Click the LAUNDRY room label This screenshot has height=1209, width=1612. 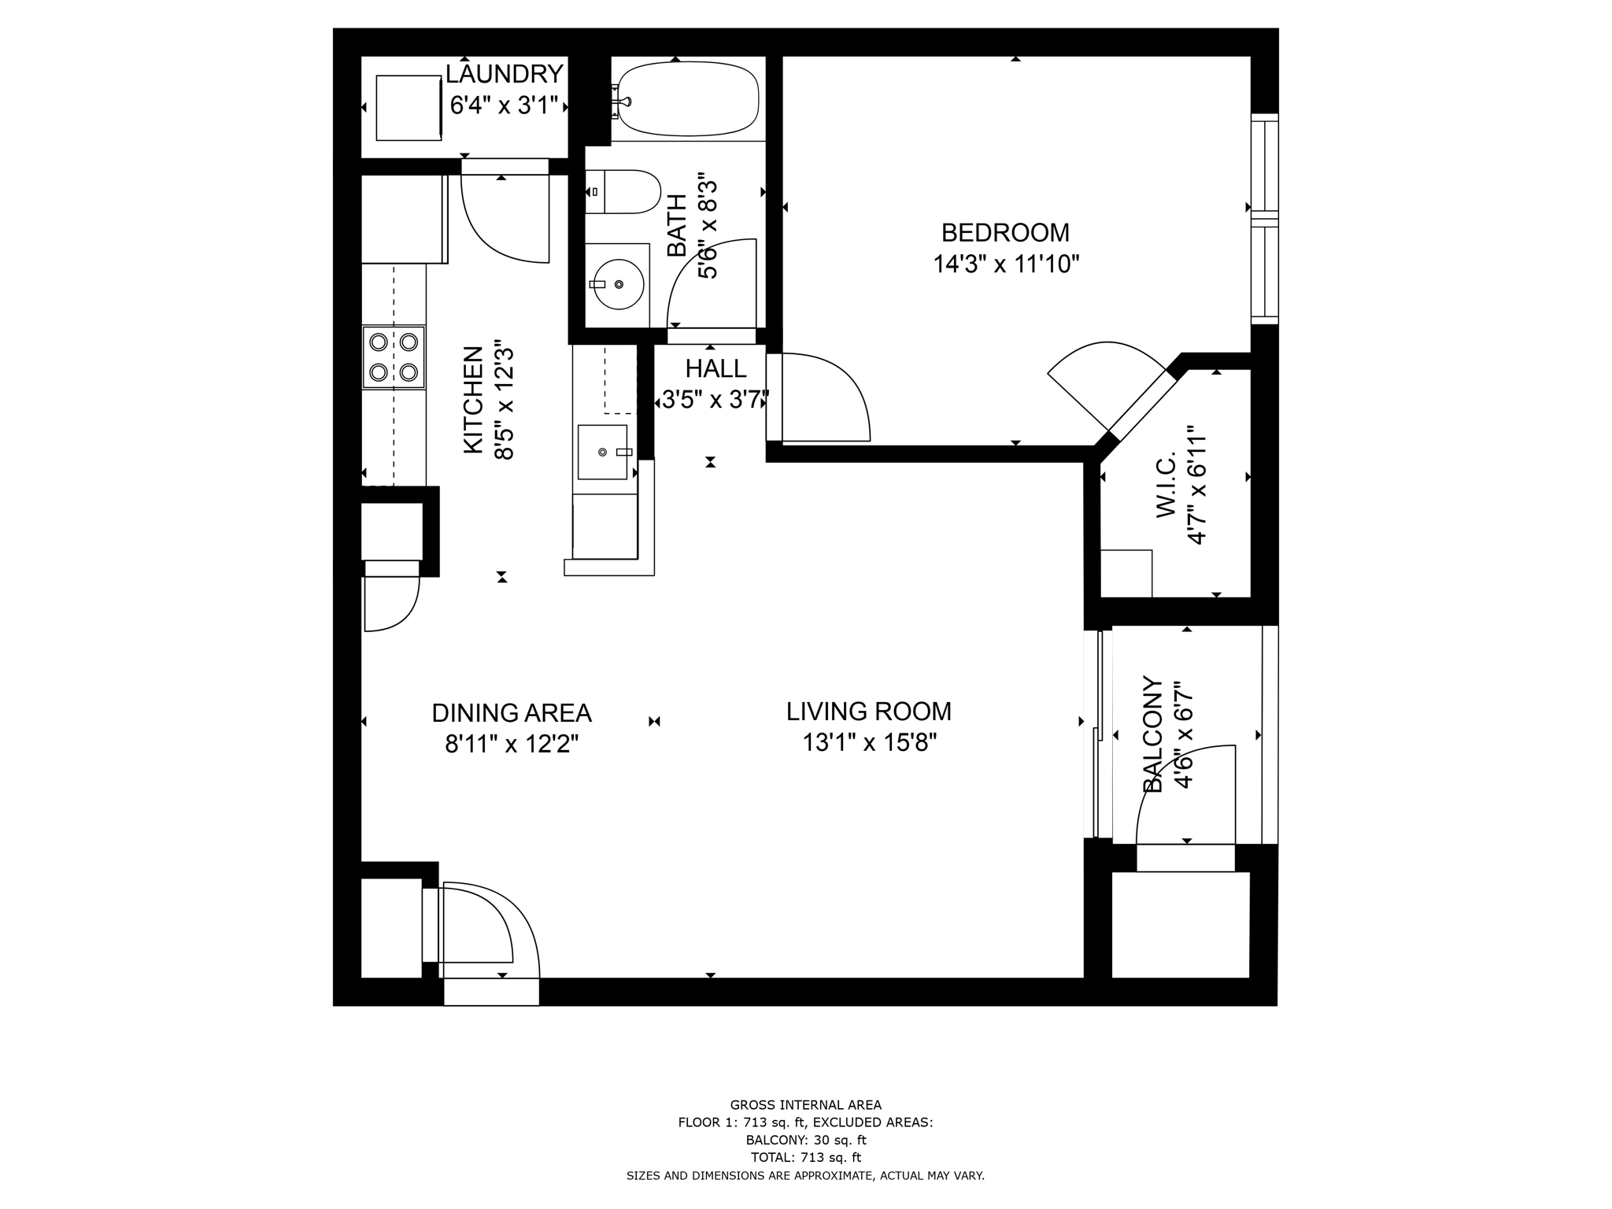click(x=504, y=74)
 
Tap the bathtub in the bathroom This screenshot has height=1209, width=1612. click(x=687, y=99)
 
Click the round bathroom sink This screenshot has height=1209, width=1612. click(x=618, y=284)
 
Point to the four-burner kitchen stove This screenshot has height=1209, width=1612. click(x=394, y=357)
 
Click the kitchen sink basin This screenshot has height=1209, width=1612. click(x=603, y=451)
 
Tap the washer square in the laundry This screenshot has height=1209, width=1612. click(x=409, y=108)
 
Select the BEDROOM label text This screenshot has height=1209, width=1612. click(x=1005, y=233)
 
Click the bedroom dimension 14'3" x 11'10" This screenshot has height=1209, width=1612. click(x=1005, y=264)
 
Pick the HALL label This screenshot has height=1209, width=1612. click(x=715, y=368)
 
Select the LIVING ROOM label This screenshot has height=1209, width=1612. click(x=868, y=712)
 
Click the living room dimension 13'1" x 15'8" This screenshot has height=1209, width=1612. click(x=868, y=742)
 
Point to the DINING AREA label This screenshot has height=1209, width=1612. click(x=511, y=713)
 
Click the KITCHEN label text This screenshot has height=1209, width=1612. click(x=472, y=400)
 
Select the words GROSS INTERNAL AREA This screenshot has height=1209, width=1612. click(x=805, y=1105)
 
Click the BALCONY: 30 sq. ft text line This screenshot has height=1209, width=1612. click(x=805, y=1140)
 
